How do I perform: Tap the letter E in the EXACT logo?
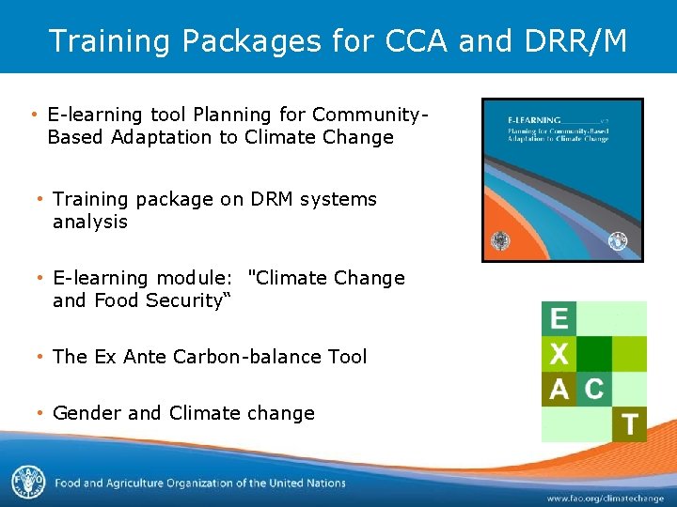tap(559, 318)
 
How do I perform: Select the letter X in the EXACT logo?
tap(559, 354)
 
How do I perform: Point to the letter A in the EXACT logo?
tap(559, 389)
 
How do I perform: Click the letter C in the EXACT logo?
tap(594, 389)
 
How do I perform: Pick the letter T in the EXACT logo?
tap(629, 424)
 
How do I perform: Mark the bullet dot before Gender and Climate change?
tap(40, 413)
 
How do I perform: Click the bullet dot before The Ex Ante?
tap(40, 357)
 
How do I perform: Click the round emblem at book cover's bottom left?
tap(498, 239)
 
